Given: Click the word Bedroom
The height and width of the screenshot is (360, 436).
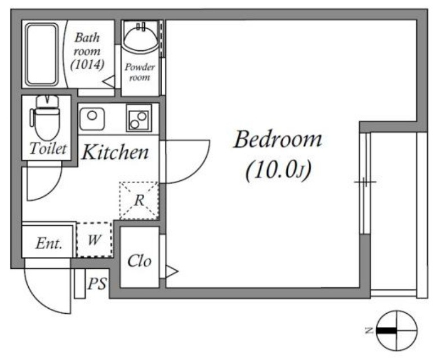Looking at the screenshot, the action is coord(278,139).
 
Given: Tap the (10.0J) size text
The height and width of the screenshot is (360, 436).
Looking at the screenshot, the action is coord(278,170).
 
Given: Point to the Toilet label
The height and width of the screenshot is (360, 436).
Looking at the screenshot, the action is coord(48,148).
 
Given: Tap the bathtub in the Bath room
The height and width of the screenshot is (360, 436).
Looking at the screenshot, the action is coord(42,55).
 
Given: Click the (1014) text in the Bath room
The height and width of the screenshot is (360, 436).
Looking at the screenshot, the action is coord(87,65).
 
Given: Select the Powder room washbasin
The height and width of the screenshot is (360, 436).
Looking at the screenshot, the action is coord(141,38).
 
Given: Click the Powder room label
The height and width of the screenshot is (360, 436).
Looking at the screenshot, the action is coord(140,72).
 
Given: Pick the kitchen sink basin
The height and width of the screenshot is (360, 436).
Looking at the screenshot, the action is coord(92,119).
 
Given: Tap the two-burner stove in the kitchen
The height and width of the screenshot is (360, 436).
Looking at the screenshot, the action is coord(139,118).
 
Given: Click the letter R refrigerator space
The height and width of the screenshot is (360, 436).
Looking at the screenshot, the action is coord(139,200).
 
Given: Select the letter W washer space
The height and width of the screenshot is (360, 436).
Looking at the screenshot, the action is coord(94,239).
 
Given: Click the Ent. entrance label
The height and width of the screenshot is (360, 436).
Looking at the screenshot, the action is coord(49,243).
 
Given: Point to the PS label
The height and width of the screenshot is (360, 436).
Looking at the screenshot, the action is coord(97,284).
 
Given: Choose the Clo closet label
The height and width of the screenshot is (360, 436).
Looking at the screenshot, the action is coord(139,261).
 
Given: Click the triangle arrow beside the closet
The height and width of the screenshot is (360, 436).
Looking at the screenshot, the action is coord(172,271).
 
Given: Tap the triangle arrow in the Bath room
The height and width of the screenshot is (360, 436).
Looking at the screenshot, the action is coord(109,82).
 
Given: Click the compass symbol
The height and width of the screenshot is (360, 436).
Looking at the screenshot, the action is coord(397,331).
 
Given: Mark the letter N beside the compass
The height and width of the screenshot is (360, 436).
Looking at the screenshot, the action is coord(369,331).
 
